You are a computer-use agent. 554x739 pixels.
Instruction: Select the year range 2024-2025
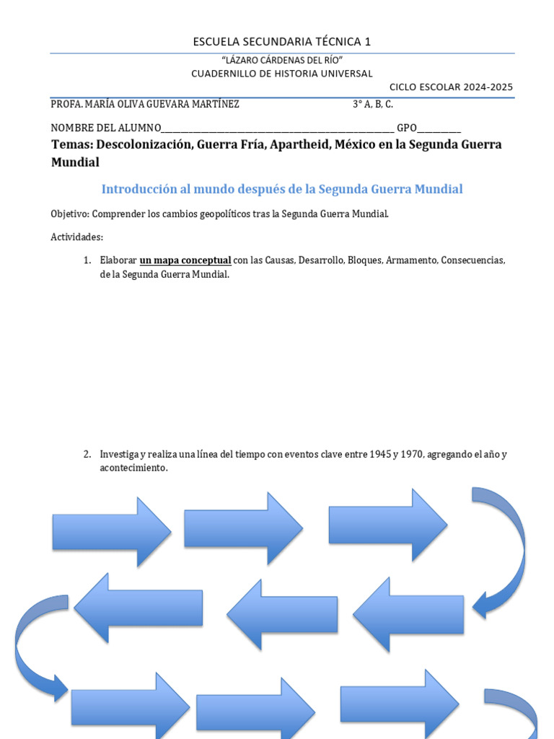click(x=488, y=87)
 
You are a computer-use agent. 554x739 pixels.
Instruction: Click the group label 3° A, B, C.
click(x=373, y=104)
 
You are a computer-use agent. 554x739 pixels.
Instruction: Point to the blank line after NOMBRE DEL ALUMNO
click(x=278, y=129)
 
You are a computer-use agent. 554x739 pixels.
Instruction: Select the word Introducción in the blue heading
click(x=138, y=189)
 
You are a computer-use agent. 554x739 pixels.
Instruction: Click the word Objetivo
click(x=69, y=214)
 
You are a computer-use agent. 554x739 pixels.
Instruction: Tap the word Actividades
click(x=77, y=237)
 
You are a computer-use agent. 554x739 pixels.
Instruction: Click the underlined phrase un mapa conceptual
click(x=185, y=261)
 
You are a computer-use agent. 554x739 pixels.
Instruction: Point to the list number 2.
click(x=87, y=455)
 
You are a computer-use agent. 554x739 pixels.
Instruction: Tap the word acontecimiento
click(x=133, y=468)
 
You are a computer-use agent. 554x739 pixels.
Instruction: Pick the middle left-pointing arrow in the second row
click(x=282, y=614)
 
